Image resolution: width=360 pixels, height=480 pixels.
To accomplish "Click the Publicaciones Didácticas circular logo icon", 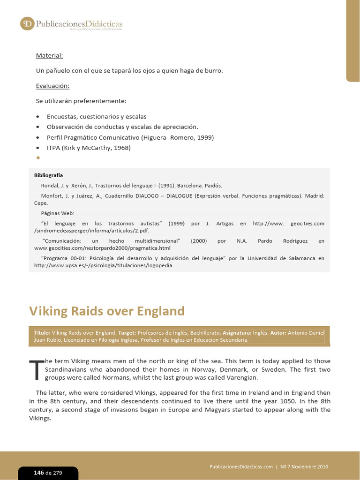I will pyautogui.click(x=27, y=23).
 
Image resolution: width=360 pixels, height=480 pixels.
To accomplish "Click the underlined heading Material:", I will pyautogui.click(x=49, y=56).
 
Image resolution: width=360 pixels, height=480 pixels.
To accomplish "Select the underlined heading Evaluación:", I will pyautogui.click(x=52, y=86).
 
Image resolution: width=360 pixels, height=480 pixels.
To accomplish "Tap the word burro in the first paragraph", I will pyautogui.click(x=214, y=71).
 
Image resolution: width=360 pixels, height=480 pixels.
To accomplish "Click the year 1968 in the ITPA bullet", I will pyautogui.click(x=120, y=148).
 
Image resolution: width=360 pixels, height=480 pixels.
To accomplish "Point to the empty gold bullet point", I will pyautogui.click(x=37, y=158).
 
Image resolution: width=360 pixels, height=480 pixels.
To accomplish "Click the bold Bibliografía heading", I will pyautogui.click(x=48, y=175).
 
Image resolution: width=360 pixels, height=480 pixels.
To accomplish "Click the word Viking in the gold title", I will pyautogui.click(x=47, y=311).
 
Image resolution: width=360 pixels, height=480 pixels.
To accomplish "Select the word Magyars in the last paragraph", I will pyautogui.click(x=203, y=410).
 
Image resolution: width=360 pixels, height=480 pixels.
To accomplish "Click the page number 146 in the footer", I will pyautogui.click(x=38, y=472).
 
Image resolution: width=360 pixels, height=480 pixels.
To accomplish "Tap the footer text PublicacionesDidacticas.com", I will pyautogui.click(x=241, y=467).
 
